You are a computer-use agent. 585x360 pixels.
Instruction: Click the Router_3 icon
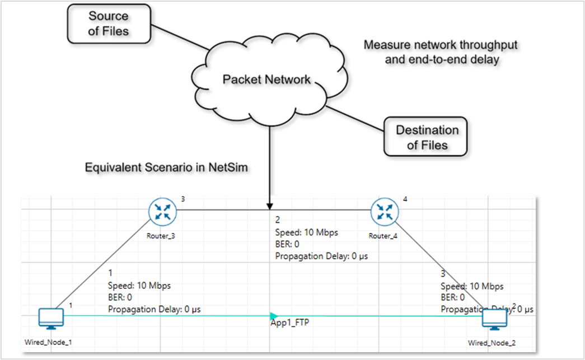[162, 212]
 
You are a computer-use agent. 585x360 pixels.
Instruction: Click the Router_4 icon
[385, 212]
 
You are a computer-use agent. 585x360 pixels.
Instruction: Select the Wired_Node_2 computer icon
[494, 319]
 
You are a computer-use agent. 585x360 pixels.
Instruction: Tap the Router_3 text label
[161, 236]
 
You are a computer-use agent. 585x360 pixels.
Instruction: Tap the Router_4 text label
[383, 236]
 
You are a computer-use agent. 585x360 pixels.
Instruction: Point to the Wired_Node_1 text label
[48, 342]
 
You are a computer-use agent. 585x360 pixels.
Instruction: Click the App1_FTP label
[289, 323]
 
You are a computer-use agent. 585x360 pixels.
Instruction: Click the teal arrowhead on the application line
[274, 316]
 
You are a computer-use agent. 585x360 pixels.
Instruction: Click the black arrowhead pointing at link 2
[270, 205]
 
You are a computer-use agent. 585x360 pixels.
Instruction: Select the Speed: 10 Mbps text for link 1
[139, 286]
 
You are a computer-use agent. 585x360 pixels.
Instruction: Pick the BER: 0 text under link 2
[287, 244]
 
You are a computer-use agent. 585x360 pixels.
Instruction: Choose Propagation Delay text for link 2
[321, 256]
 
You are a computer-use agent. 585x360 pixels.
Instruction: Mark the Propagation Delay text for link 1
[155, 309]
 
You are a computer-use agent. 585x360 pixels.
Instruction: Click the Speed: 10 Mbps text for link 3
[472, 286]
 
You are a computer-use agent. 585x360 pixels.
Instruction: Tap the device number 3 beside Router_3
[183, 199]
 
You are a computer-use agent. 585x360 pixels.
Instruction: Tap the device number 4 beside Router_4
[405, 199]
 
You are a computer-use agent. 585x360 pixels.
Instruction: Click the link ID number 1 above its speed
[110, 273]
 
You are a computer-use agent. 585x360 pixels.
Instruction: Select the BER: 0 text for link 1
[120, 297]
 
